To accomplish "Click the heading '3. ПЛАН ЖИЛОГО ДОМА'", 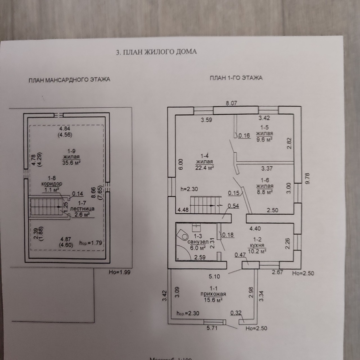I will [156, 52].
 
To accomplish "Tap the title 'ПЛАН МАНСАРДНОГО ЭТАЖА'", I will [69, 80].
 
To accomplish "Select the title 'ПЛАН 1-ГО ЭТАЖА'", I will [236, 78].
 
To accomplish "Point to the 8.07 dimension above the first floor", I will [231, 103].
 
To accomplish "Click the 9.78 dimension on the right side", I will [307, 178].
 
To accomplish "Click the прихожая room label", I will [213, 294].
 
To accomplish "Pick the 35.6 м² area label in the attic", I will [71, 162].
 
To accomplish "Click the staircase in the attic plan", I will [46, 207].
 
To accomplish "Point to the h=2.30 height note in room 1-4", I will [189, 189].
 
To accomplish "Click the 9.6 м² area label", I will [264, 139].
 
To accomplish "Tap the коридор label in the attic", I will [52, 184].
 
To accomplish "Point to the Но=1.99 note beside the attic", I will [120, 272].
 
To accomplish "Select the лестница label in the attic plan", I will [82, 209].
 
